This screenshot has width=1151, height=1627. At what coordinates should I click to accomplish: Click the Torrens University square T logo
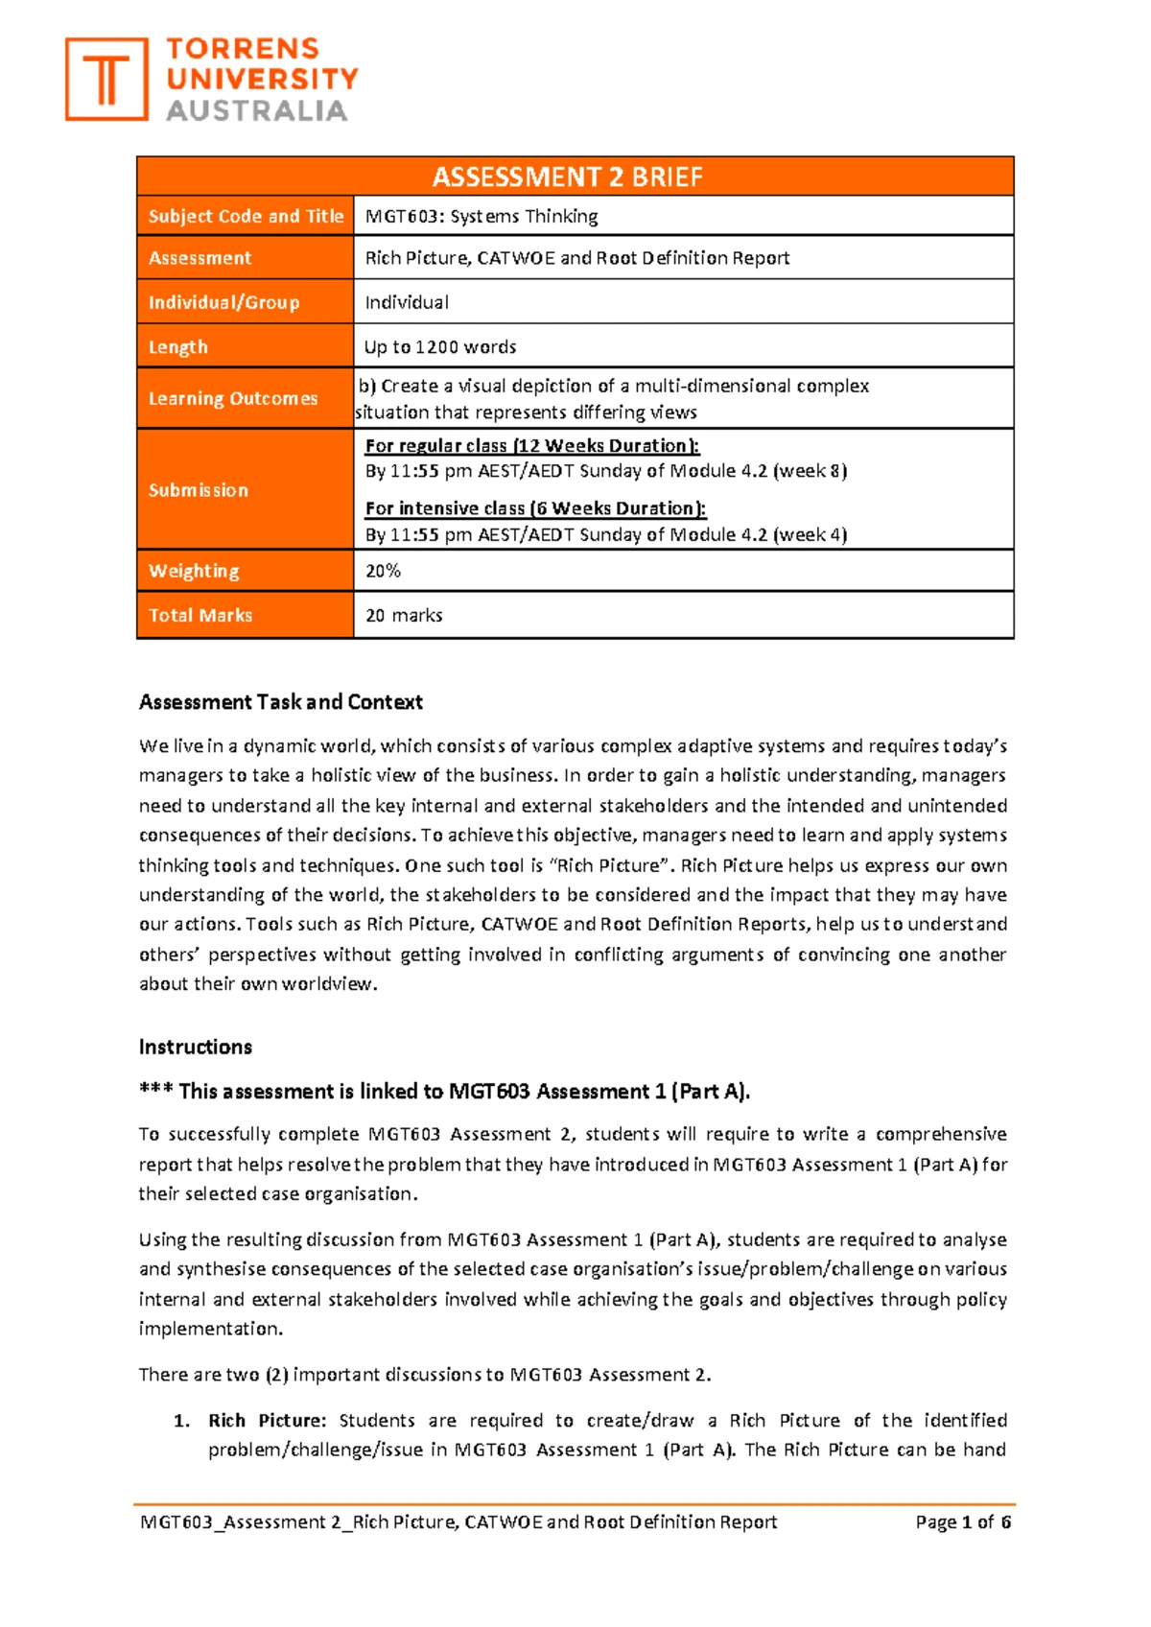point(106,80)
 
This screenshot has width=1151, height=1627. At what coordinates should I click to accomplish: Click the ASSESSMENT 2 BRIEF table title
point(567,177)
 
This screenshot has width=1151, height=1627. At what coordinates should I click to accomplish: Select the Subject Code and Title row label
point(246,217)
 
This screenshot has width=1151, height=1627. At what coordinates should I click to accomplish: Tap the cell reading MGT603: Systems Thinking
point(482,217)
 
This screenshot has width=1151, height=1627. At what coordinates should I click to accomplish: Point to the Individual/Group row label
point(223,302)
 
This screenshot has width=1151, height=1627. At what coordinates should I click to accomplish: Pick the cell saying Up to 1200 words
point(440,347)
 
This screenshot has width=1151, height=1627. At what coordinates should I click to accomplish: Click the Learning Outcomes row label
point(233,398)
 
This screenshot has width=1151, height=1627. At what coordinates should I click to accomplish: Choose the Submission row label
point(199,490)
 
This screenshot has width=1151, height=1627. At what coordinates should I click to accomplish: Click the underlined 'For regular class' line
point(532,446)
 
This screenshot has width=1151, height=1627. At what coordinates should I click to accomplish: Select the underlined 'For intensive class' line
point(535,508)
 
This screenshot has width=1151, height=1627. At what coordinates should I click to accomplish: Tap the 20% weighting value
point(383,571)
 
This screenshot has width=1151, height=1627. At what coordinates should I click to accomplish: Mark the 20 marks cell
point(404,616)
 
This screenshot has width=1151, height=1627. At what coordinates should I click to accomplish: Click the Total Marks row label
point(200,616)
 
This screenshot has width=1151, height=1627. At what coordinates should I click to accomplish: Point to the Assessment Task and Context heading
point(281,702)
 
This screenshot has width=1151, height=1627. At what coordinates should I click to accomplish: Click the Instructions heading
point(196,1047)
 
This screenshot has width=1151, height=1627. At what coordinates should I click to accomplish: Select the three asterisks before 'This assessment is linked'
point(155,1092)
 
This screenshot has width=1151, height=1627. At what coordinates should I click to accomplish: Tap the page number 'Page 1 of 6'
point(963,1522)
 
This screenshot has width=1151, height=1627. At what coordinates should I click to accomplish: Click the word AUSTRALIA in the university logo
point(257,111)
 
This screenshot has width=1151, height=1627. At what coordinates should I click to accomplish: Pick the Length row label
point(178,347)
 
